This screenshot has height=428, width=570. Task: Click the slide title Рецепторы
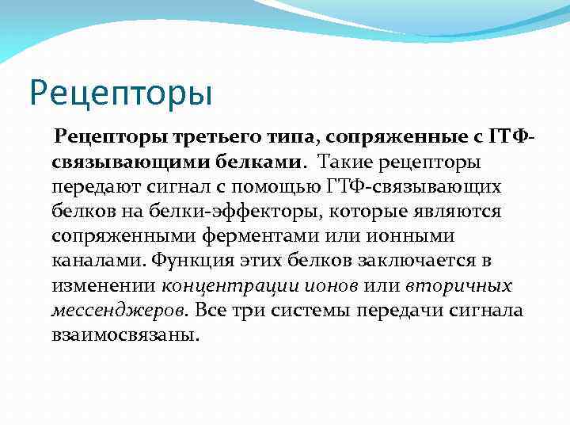pyautogui.click(x=121, y=92)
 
